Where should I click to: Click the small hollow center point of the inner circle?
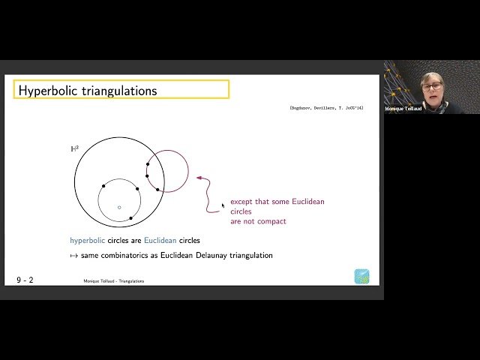point(118,207)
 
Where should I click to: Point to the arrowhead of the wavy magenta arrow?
point(198,178)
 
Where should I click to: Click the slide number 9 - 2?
point(25,280)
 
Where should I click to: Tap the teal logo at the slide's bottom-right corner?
point(361,276)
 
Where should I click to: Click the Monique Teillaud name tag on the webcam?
point(403,109)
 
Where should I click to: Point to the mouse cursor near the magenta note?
point(222,205)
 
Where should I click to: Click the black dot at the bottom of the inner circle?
point(131,218)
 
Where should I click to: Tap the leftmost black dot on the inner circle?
point(103,186)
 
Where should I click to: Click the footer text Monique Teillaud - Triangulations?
point(114,281)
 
